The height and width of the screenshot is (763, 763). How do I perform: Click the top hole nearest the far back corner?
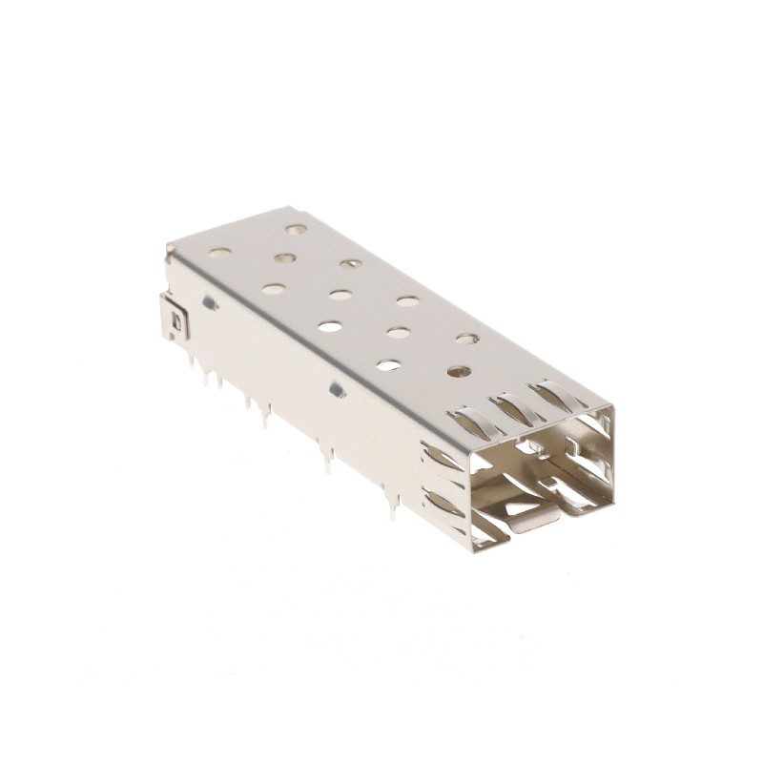tap(297, 230)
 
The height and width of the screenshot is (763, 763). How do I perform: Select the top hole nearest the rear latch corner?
tap(218, 255)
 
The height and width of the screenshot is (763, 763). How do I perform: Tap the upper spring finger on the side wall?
tap(438, 459)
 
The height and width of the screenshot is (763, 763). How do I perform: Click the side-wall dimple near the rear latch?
tap(209, 304)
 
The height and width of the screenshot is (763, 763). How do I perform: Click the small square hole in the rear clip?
tap(175, 323)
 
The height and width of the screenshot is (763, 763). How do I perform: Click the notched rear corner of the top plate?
tap(171, 250)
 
